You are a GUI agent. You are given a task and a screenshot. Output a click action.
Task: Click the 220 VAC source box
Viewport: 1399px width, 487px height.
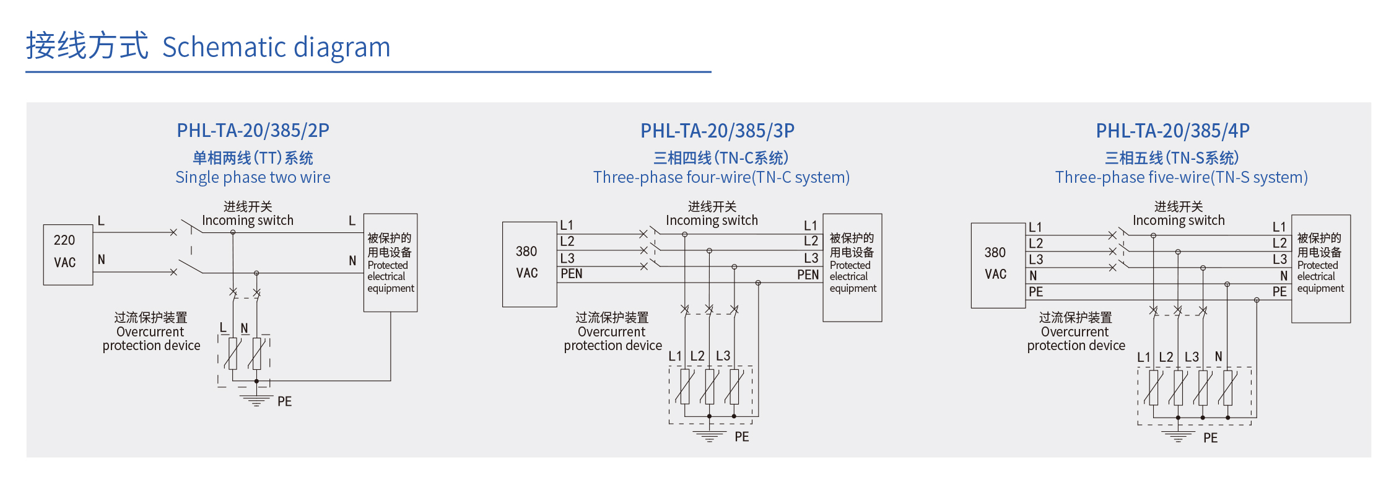point(68,255)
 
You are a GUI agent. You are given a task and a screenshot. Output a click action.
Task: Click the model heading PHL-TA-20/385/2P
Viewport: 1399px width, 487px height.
point(253,131)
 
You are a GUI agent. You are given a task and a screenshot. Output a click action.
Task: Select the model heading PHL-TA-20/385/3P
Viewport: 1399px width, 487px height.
point(717,131)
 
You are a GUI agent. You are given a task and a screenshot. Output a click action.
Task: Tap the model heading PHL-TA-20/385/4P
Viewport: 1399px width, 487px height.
point(1172,131)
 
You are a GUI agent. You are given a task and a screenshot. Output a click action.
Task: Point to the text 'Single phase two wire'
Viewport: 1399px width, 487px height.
point(253,178)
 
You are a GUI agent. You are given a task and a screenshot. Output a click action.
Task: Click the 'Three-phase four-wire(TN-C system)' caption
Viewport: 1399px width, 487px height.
point(721,178)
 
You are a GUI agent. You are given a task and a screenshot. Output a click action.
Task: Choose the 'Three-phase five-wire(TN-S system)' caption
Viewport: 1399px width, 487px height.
point(1181,178)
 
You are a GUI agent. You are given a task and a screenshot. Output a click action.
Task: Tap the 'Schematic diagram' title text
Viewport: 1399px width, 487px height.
point(276,48)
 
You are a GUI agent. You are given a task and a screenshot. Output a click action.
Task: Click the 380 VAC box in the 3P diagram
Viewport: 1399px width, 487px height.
point(529,264)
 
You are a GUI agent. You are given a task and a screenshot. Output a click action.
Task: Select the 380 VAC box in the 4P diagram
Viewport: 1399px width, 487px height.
point(997,265)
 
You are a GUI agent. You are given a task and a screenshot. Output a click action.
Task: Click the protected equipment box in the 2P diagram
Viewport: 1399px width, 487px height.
point(390,263)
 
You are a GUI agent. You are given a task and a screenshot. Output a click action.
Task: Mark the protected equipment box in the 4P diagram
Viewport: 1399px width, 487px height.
point(1320,268)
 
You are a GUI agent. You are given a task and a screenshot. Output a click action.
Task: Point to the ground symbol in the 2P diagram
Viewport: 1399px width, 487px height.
point(256,399)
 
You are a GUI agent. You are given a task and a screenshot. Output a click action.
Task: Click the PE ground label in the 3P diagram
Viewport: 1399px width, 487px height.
point(741,437)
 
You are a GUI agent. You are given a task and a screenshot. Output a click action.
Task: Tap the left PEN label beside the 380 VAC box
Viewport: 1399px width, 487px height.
point(571,274)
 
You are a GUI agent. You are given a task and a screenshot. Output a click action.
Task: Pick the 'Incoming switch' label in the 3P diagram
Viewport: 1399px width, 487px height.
point(712,221)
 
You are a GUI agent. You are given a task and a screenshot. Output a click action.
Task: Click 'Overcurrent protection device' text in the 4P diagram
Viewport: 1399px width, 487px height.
point(1076,338)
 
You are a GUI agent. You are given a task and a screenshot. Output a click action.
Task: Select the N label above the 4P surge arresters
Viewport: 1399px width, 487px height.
point(1218,356)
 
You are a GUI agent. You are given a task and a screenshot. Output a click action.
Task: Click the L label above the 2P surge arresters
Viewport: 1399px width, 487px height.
point(223,328)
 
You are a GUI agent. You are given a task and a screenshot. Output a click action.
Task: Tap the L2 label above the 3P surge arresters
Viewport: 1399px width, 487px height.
point(697,356)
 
